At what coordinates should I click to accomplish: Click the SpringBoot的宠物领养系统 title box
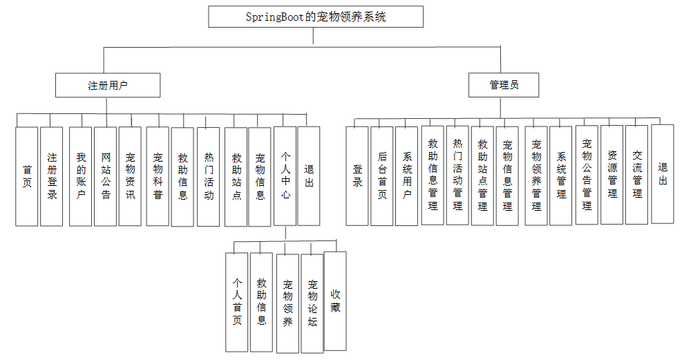[316, 17]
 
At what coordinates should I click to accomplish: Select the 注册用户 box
[108, 86]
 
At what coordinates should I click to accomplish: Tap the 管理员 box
[504, 85]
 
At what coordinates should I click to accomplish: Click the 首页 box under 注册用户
[27, 176]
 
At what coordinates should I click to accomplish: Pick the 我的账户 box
[80, 176]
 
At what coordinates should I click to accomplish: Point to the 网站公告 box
[105, 176]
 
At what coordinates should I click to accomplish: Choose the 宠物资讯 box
[130, 176]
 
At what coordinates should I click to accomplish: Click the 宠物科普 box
[158, 176]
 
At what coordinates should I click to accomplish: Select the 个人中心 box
[285, 176]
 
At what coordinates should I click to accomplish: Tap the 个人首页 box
[237, 301]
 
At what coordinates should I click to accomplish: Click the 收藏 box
[335, 301]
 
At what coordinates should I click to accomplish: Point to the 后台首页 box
[382, 176]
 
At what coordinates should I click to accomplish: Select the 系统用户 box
[407, 176]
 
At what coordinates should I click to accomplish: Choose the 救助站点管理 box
[482, 176]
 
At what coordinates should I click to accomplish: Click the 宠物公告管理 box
[587, 175]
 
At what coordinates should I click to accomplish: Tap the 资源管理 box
[612, 175]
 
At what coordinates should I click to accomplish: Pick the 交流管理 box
[637, 175]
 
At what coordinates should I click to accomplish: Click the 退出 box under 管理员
[663, 173]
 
